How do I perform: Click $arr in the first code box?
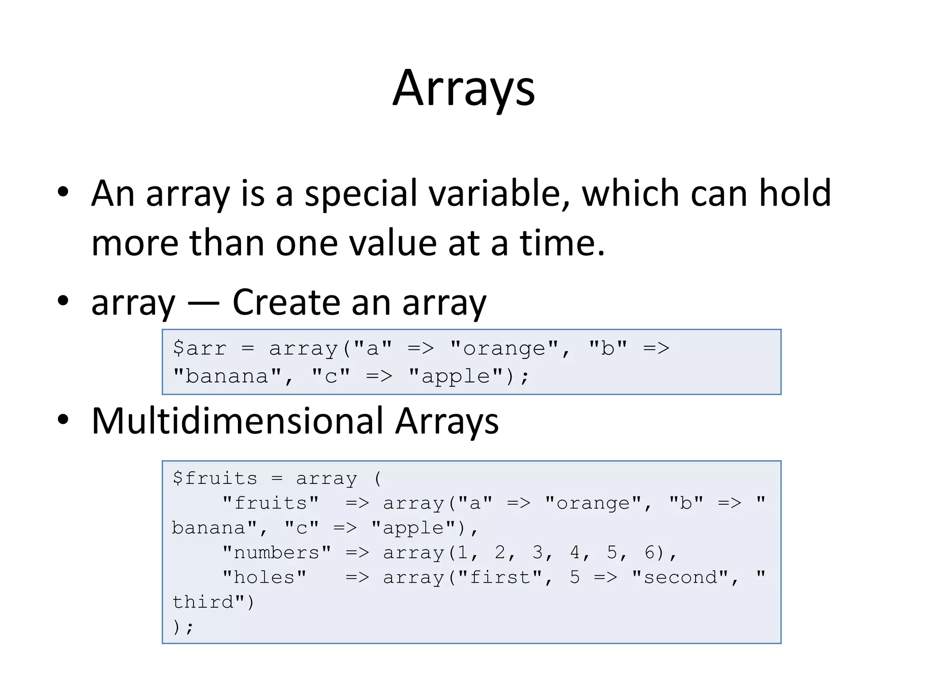point(199,348)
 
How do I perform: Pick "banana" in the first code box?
point(227,377)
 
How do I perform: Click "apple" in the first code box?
point(455,377)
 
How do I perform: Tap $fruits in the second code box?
point(215,478)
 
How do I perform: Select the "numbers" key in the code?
point(277,553)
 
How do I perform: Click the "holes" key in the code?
point(265,578)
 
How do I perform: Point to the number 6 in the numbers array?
point(649,553)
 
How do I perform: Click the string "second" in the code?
point(680,578)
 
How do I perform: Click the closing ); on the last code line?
point(183,628)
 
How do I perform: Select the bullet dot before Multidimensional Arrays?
point(63,420)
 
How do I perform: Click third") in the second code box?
point(213,603)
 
